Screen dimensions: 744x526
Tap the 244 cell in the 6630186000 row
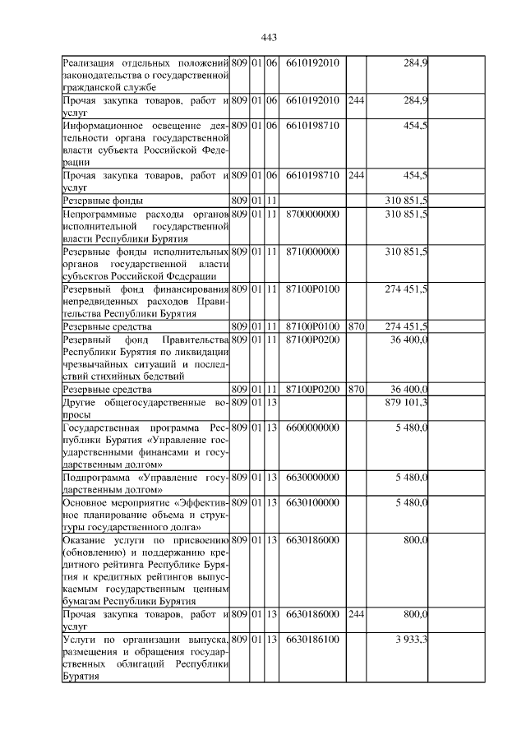(356, 614)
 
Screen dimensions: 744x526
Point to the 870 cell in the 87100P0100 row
(356, 326)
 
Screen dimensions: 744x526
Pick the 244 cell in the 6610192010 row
(356, 101)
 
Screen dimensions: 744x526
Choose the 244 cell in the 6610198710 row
(356, 175)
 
